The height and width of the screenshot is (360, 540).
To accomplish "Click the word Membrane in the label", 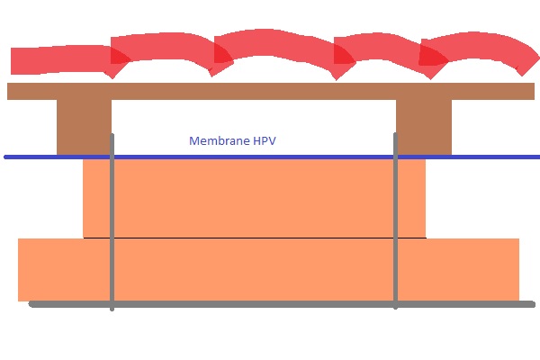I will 215,141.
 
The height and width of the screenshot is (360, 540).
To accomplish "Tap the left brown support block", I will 83,126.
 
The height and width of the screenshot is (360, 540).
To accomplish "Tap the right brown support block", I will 424,126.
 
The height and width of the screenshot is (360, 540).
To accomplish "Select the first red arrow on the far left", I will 58,60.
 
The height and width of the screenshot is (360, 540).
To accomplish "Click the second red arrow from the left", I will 162,54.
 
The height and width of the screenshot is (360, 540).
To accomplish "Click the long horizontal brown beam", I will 270,91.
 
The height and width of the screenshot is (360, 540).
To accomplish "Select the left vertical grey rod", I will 112,225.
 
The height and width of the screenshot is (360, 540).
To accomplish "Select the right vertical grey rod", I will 395,225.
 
